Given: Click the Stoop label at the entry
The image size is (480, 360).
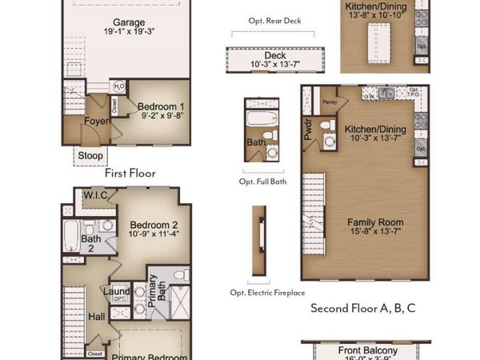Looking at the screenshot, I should (88, 155).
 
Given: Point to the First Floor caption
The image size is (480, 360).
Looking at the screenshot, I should (130, 173).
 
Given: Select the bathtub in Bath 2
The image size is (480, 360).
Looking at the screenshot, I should (70, 237).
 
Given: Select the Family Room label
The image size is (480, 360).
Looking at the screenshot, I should (374, 222).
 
